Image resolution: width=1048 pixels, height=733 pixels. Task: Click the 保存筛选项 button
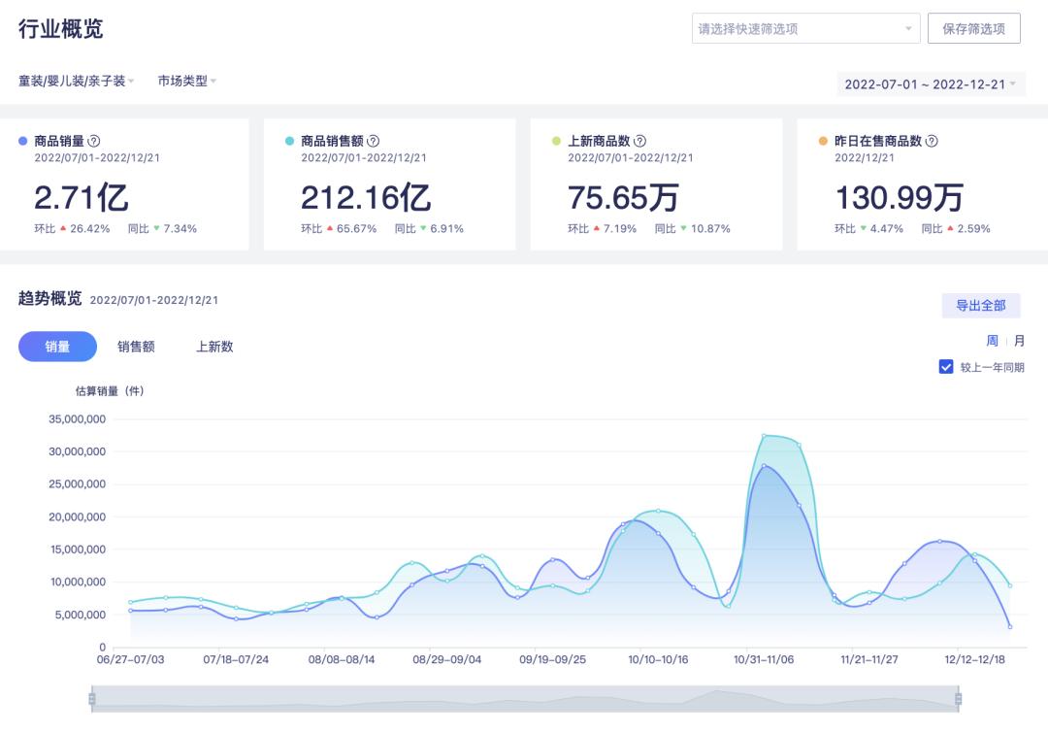point(973,29)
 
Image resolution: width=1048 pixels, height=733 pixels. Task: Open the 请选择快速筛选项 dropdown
point(805,29)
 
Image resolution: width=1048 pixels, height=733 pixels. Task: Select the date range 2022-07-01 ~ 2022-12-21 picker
point(931,84)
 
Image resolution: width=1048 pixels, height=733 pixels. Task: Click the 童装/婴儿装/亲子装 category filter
point(76,82)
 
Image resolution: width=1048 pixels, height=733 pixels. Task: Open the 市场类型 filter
point(186,82)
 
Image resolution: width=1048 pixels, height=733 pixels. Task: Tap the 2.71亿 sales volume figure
point(82,198)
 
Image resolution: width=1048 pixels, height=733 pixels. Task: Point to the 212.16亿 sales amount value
point(365,198)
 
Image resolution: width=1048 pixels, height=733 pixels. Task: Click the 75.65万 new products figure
point(623,198)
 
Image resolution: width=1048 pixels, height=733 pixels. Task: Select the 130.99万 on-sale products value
point(899,198)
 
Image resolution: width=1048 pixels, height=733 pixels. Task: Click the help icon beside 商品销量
point(94,141)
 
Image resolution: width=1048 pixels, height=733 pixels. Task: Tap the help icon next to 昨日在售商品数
point(932,141)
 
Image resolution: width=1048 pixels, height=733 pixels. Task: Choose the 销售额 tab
point(136,347)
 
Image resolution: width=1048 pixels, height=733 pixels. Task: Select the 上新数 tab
point(214,347)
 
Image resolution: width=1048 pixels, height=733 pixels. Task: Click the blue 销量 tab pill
point(57,347)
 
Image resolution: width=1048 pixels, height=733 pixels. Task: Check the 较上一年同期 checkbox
point(946,367)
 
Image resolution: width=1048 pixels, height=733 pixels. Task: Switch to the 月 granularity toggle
point(1019,341)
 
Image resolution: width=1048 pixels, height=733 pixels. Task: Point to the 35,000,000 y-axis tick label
point(77,419)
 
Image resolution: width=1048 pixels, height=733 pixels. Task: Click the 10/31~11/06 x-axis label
point(764,659)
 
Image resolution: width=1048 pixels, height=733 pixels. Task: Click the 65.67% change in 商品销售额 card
point(356,229)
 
